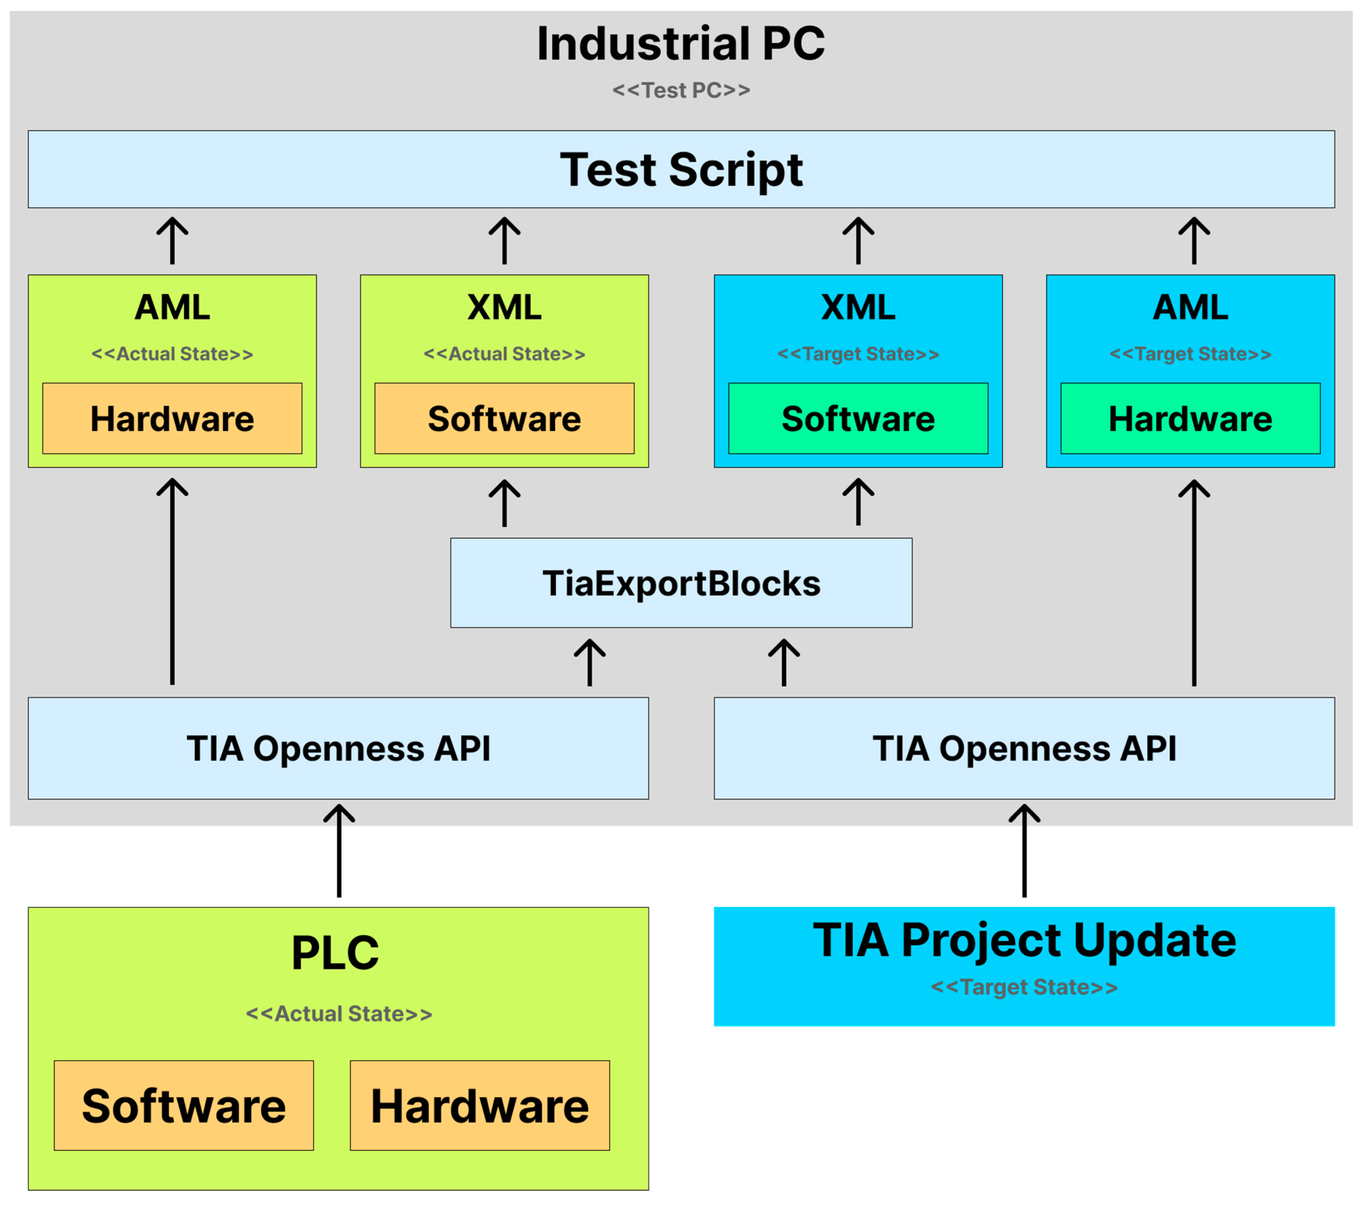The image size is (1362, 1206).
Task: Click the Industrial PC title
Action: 680,44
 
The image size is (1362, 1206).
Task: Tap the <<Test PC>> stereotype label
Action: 680,90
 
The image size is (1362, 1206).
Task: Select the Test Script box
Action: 680,169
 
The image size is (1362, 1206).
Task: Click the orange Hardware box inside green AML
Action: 172,418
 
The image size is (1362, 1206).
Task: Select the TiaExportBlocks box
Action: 680,583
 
